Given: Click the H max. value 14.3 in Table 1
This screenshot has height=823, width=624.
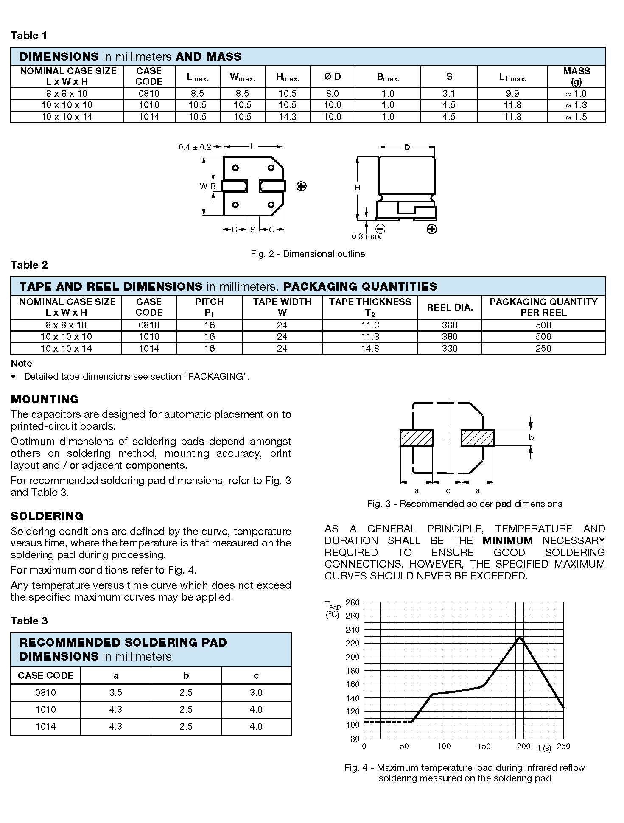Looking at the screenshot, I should (287, 117).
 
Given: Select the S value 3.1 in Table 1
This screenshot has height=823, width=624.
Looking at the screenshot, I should (448, 93).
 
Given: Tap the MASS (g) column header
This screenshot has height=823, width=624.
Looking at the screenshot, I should (576, 76).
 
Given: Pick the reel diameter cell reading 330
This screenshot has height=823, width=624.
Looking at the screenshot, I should (449, 348).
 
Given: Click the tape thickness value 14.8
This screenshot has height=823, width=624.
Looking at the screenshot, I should (370, 348).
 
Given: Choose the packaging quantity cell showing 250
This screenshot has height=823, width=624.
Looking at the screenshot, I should (543, 348).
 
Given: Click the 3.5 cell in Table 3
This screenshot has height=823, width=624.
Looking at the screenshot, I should (115, 692).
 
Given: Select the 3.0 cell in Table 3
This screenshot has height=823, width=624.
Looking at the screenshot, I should (256, 692).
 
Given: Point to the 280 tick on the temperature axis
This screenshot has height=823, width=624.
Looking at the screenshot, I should (353, 602).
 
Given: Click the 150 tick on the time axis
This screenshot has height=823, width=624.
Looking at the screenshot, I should (484, 747).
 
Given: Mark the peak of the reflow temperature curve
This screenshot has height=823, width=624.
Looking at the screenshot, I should (520, 638).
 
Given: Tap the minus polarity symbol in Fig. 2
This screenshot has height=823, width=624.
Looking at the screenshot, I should (380, 229).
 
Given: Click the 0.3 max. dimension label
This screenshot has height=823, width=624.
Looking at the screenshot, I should (367, 236).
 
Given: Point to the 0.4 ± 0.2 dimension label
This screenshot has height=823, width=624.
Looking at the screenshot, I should (195, 147).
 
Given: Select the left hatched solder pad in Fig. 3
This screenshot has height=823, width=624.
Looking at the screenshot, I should (416, 438).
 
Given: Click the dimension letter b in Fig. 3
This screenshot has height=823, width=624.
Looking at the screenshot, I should (531, 438).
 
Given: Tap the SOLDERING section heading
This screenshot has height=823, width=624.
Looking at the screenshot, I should (47, 516).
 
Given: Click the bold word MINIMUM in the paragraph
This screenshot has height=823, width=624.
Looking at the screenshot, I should (507, 540).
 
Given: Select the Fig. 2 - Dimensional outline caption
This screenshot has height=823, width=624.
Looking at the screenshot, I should (308, 254).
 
